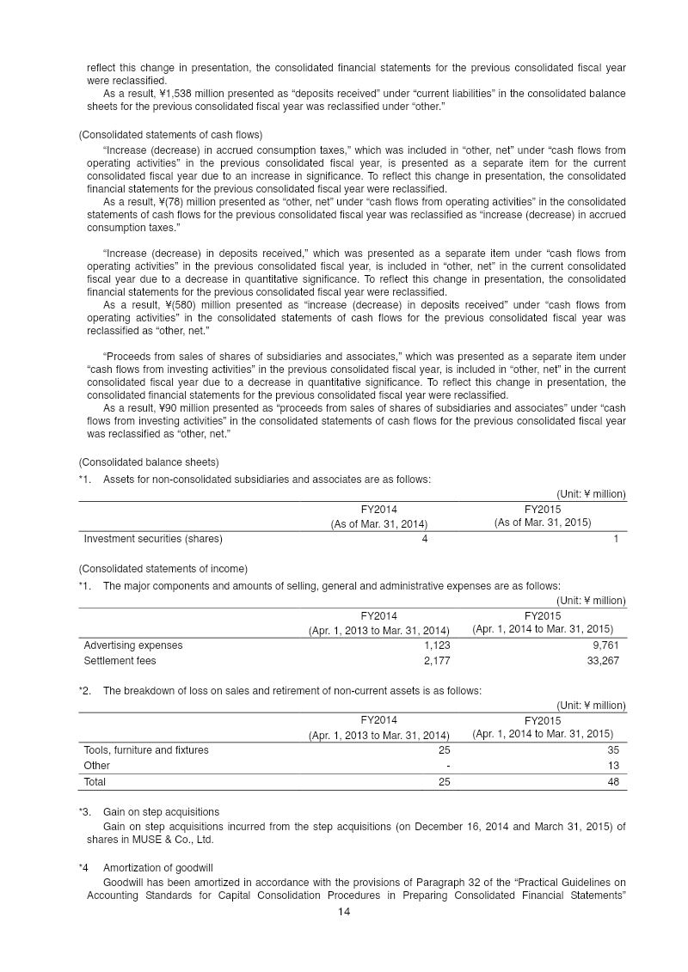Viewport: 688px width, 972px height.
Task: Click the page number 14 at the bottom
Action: (343, 912)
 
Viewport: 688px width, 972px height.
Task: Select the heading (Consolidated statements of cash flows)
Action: (170, 135)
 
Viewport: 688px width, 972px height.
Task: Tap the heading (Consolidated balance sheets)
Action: (149, 462)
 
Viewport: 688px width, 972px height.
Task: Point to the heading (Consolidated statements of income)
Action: (163, 568)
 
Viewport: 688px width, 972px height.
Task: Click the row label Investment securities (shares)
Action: (153, 539)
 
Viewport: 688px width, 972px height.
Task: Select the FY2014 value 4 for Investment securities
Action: (425, 539)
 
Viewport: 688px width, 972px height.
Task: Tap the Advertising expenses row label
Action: (133, 645)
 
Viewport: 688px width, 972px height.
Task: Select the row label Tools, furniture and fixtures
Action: (146, 750)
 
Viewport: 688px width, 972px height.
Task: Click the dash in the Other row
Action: (447, 766)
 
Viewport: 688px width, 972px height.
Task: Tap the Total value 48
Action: (612, 782)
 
